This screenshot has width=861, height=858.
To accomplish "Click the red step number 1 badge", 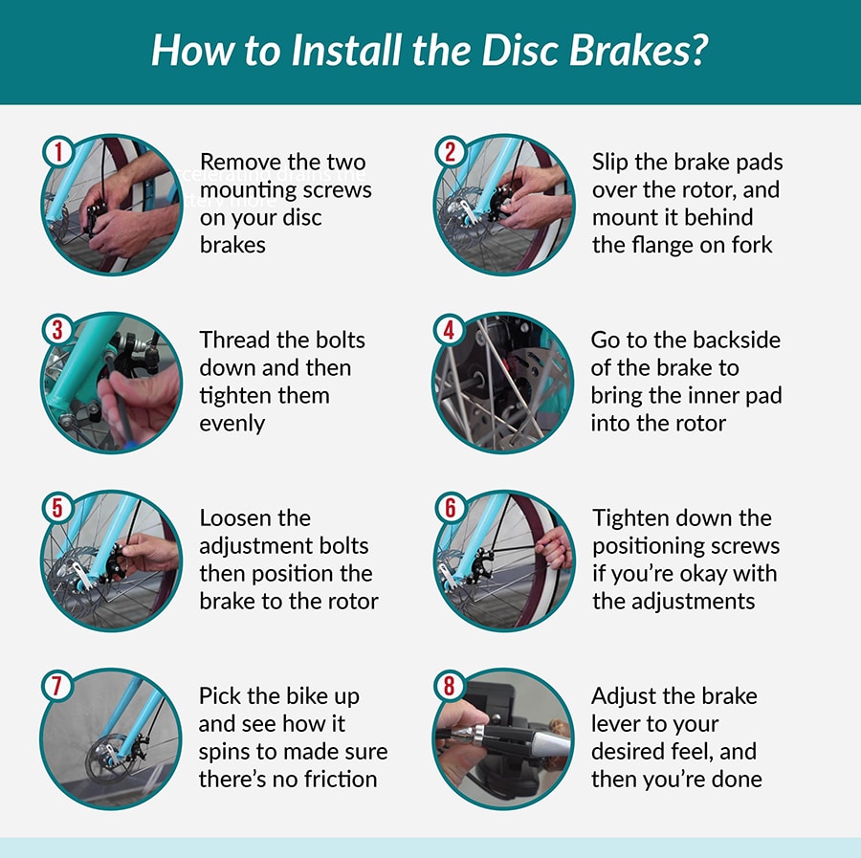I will coord(57,150).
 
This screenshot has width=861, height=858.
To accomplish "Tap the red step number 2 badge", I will coord(451,150).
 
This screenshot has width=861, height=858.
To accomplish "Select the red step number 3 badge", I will coord(57,329).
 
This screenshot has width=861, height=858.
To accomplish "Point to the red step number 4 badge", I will coord(451,329).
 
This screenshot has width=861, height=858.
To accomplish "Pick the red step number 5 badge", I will coord(57,507).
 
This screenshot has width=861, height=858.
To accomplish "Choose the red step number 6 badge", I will coord(451,507).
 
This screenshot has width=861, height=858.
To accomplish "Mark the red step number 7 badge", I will coord(57,685).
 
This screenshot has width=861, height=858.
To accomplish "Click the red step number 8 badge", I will coord(451,685).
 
